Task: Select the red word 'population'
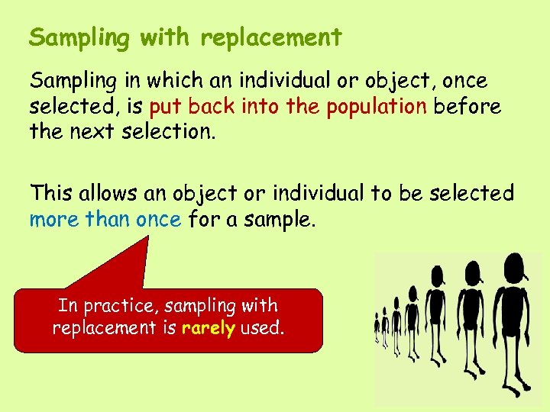(x=377, y=107)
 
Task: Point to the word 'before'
(x=467, y=107)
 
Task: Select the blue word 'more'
(x=54, y=220)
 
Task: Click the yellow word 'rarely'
(x=208, y=329)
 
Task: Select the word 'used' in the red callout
(x=261, y=329)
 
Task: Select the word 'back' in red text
(x=212, y=107)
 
